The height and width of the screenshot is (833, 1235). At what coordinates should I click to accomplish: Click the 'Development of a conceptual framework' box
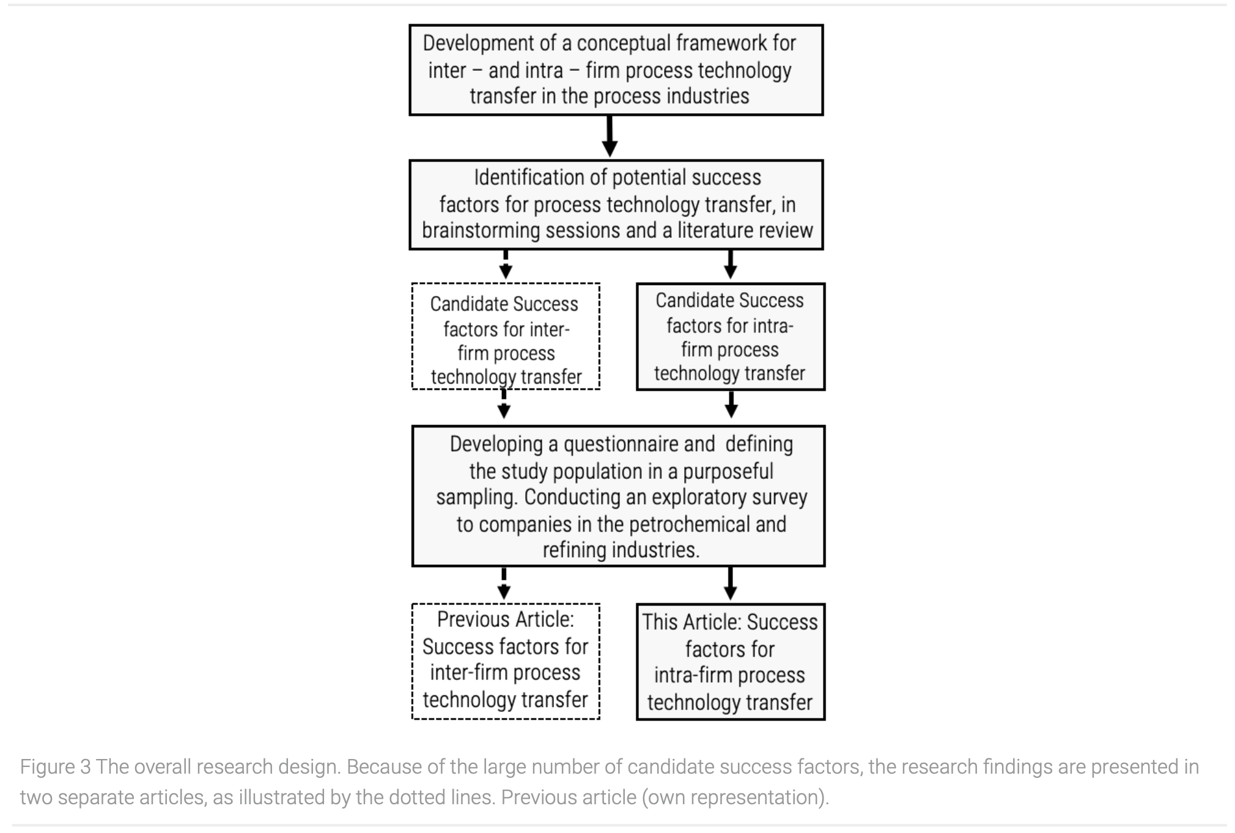pos(616,70)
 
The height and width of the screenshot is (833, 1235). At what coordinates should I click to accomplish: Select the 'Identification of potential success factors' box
pos(616,205)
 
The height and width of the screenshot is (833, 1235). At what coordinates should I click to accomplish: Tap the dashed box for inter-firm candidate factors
pos(506,336)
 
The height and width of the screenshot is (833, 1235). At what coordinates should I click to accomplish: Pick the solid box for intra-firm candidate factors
pos(731,336)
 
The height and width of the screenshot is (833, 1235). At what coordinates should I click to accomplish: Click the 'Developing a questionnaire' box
pos(618,496)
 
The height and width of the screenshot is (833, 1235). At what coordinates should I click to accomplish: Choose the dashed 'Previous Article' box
pos(506,661)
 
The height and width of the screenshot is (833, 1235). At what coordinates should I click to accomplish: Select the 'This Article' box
pos(731,662)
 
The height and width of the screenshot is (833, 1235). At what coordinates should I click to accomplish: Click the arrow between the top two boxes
pos(610,136)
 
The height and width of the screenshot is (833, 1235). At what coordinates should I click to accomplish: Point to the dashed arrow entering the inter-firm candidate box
pos(506,265)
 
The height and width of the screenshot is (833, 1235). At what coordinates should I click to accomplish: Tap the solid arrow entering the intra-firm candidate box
pos(730,265)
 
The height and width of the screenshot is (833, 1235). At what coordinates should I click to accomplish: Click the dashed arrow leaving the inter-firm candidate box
pos(504,404)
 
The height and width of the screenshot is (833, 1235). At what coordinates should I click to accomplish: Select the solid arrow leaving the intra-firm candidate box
pos(731,404)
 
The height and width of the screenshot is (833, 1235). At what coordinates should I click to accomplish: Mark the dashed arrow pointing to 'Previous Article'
pos(504,583)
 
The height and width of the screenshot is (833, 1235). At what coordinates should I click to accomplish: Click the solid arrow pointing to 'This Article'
pos(730,583)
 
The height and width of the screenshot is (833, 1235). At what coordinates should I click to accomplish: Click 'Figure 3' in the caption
pos(56,767)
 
